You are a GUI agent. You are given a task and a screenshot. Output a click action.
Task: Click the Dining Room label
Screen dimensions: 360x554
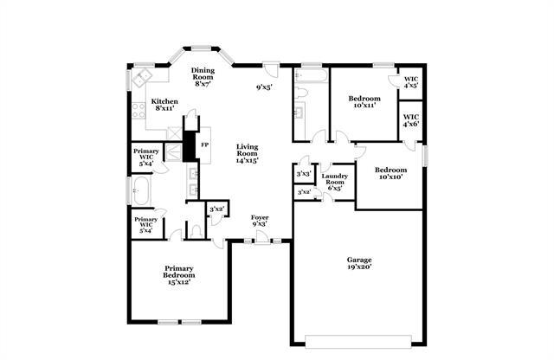pos(203,77)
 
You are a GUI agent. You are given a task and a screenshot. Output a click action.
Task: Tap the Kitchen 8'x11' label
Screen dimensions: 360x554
pos(165,106)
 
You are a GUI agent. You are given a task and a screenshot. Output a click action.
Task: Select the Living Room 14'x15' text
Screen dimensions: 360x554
pos(248,153)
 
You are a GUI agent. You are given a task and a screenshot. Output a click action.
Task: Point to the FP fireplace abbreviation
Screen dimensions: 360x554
pos(204,145)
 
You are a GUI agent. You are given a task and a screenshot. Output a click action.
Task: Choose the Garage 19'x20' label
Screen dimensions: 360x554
pos(360,263)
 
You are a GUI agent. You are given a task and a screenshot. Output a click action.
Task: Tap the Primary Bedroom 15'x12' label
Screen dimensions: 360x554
pos(178,275)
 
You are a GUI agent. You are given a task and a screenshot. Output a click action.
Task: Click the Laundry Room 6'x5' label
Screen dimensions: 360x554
pos(334,182)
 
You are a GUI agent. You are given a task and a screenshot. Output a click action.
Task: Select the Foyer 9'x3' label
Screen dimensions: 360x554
pos(260,220)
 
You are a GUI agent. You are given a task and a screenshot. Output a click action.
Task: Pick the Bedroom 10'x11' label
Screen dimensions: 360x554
pos(364,102)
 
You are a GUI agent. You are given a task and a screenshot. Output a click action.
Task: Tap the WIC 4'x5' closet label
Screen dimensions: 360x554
pos(410,82)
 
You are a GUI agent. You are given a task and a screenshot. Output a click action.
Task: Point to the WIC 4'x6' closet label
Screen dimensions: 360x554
pos(410,119)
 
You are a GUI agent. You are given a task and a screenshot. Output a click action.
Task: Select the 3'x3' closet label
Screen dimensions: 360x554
pos(303,174)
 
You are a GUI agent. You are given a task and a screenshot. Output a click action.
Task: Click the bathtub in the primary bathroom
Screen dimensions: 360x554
pos(141,190)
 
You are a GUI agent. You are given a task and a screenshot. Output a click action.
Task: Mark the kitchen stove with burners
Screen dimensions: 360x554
pos(137,110)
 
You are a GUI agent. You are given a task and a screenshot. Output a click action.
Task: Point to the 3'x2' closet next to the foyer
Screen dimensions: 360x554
pos(216,209)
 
